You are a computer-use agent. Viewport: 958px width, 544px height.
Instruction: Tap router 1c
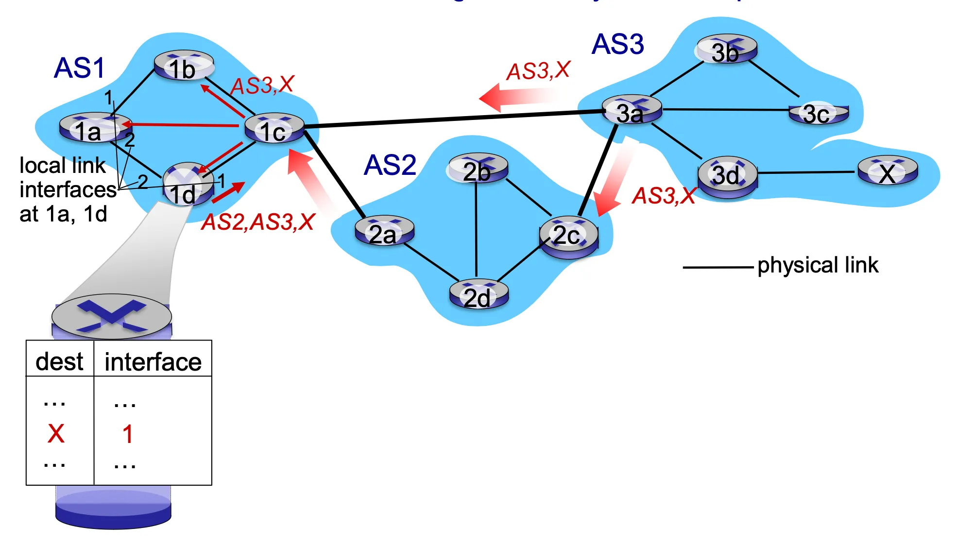pyautogui.click(x=274, y=129)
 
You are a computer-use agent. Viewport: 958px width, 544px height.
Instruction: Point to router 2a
pyautogui.click(x=384, y=232)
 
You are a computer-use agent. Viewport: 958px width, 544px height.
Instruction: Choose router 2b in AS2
pyautogui.click(x=478, y=170)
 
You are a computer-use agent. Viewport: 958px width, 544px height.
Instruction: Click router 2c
pyautogui.click(x=568, y=235)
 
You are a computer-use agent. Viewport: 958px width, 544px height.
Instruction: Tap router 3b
pyautogui.click(x=727, y=50)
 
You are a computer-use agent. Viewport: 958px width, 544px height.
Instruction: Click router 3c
pyautogui.click(x=818, y=114)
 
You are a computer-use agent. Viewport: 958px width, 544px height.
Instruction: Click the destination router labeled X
pyautogui.click(x=888, y=172)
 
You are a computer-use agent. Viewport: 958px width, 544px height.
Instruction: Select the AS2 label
pyautogui.click(x=390, y=165)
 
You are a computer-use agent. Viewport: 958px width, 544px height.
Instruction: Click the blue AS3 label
pyautogui.click(x=617, y=44)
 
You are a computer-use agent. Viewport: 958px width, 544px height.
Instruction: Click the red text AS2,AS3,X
pyautogui.click(x=258, y=222)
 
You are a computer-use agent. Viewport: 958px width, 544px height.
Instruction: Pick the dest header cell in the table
pyautogui.click(x=60, y=361)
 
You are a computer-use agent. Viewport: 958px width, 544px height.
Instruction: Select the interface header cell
pyautogui.click(x=153, y=361)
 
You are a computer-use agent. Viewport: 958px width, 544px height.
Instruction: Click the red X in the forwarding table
pyautogui.click(x=56, y=433)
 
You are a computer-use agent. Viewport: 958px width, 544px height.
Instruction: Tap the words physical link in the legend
pyautogui.click(x=818, y=265)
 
